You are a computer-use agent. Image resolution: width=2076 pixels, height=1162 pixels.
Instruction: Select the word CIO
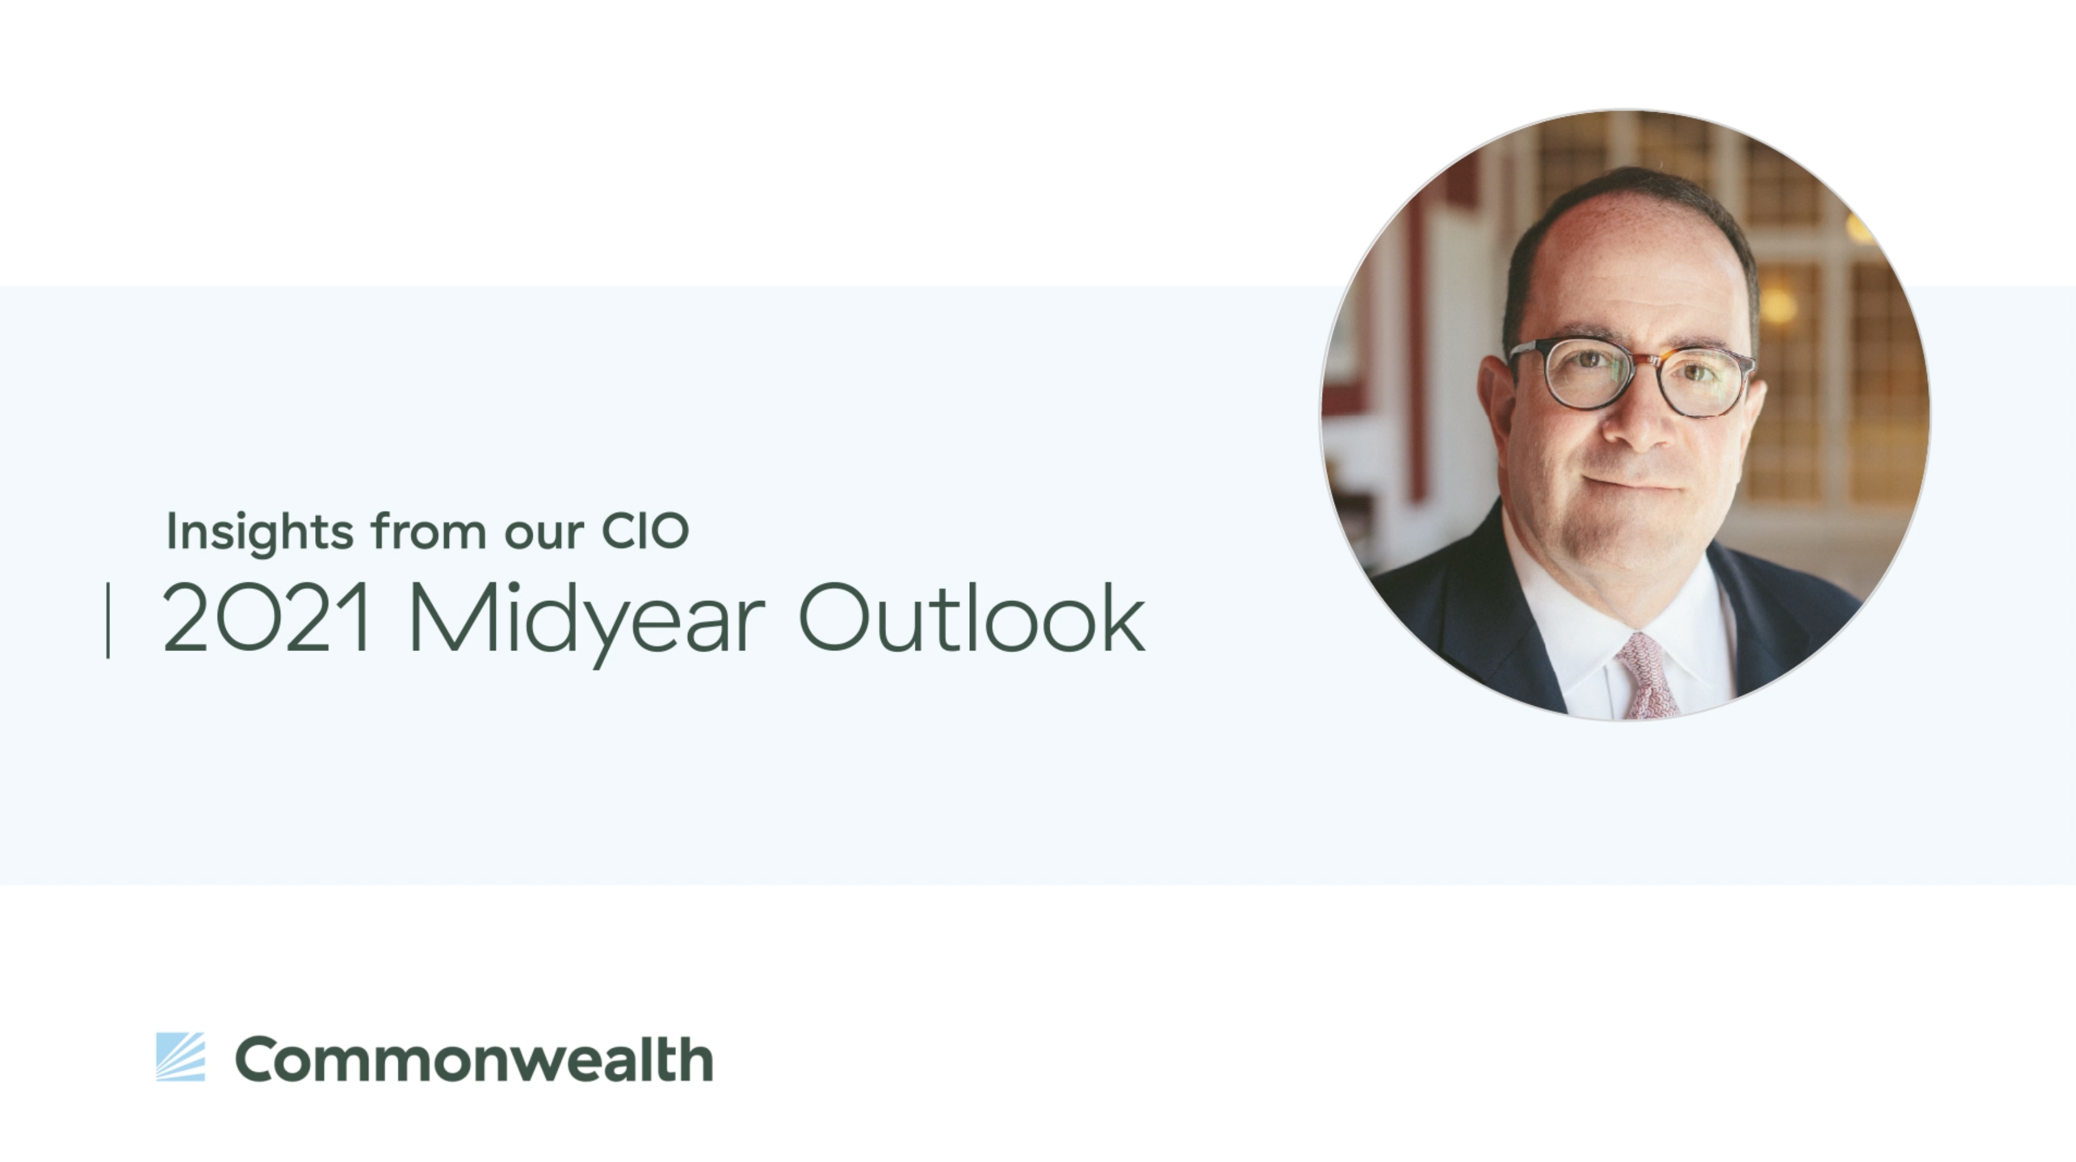[x=645, y=531]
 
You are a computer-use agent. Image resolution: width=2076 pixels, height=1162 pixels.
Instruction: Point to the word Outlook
[x=972, y=617]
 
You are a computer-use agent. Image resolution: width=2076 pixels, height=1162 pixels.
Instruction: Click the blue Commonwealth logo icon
[x=181, y=1056]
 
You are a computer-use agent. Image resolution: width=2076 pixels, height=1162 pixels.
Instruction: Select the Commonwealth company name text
[x=474, y=1059]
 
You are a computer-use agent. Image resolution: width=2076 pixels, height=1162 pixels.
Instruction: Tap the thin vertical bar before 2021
[x=108, y=620]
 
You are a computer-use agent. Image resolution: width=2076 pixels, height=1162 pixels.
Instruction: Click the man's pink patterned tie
[x=1648, y=676]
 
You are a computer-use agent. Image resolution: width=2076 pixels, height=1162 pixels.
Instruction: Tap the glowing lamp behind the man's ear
[x=1776, y=305]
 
